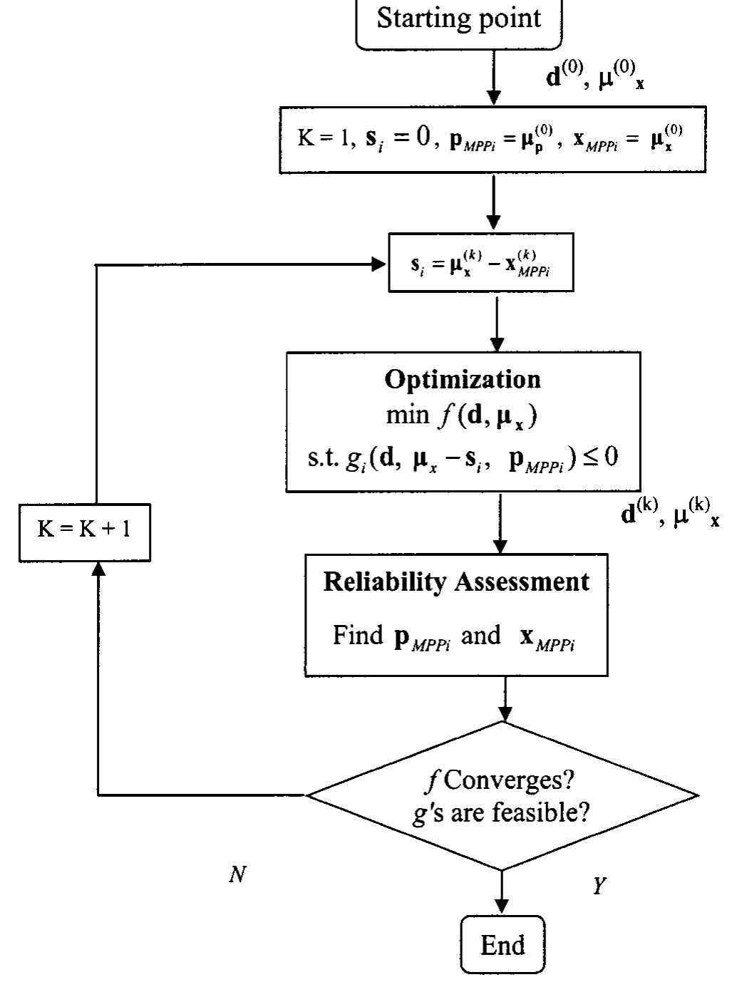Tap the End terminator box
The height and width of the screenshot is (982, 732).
502,945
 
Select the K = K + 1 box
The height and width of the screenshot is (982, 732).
84,529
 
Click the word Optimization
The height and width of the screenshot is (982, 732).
463,379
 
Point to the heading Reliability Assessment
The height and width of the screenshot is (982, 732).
456,582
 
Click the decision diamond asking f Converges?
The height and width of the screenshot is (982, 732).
502,795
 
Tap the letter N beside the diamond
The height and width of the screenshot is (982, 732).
237,874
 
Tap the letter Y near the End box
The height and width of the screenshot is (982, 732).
599,886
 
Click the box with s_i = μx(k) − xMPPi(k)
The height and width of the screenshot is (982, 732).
480,263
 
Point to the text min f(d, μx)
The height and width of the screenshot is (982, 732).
462,415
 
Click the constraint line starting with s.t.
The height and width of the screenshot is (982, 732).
463,456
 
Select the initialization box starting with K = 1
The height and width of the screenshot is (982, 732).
492,140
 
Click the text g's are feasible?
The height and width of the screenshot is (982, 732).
501,812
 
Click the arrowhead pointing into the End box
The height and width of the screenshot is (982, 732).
502,906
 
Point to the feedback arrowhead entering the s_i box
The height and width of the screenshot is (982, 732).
378,264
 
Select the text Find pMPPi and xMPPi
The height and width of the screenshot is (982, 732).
454,636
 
